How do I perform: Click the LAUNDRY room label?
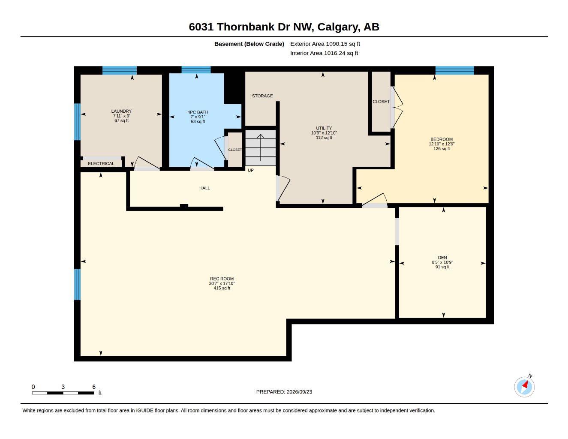point(121,111)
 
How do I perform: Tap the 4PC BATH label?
point(198,112)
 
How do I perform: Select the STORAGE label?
point(262,96)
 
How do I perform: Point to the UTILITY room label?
point(324,128)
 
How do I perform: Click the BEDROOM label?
point(442,139)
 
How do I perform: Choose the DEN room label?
point(442,257)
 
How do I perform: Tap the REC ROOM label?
point(222,279)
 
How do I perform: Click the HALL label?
point(204,188)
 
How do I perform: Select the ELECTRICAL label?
point(101,164)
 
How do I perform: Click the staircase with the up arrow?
point(260,148)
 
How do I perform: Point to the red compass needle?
point(525,385)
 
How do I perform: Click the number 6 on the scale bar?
point(94,387)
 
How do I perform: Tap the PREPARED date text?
point(284,392)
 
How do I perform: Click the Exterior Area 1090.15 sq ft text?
point(325,44)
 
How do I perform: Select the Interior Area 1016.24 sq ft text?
point(324,53)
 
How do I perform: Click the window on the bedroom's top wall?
point(454,71)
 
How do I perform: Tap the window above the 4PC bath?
point(196,70)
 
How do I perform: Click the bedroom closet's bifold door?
point(397,108)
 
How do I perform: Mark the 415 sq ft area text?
point(222,288)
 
